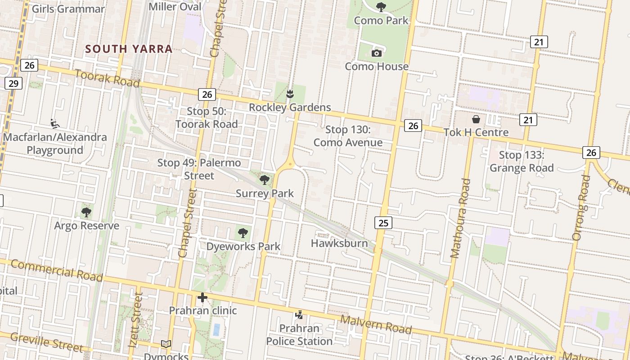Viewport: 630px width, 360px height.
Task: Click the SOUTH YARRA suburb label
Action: (129, 49)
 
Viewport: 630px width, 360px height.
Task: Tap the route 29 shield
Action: (14, 83)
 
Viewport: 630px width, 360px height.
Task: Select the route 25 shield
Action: (383, 222)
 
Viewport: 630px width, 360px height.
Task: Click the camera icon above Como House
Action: (377, 54)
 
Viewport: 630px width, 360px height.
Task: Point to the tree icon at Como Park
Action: (381, 7)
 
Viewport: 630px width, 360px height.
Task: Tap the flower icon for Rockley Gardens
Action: (290, 94)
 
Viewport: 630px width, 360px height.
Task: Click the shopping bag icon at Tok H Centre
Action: (476, 119)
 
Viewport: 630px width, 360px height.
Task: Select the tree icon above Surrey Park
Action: (265, 180)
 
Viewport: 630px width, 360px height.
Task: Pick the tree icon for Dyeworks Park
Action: (243, 233)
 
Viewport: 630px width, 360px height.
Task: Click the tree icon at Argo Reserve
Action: (86, 212)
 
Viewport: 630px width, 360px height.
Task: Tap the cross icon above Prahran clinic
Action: (202, 297)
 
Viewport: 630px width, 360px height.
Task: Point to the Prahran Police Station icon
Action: (299, 315)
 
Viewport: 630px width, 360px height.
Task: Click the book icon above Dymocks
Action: (166, 344)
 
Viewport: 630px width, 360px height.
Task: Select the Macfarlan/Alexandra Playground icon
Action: (55, 124)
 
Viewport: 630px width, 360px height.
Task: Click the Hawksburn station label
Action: (339, 243)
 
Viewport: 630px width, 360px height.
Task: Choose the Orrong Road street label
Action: (581, 207)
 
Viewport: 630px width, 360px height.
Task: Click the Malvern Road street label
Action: (376, 324)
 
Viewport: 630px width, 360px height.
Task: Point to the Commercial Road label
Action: (56, 270)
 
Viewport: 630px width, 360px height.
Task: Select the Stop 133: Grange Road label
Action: (522, 162)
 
